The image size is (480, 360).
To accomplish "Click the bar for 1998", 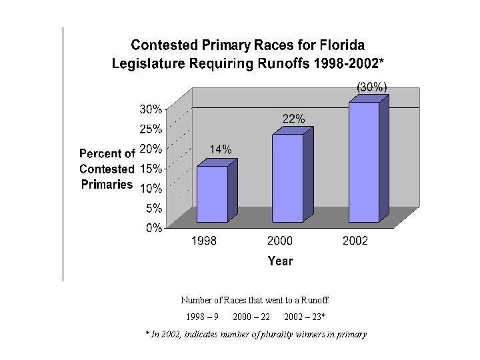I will tap(212, 193).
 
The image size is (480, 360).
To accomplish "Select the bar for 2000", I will tap(287, 178).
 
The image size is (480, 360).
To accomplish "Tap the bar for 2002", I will tap(363, 162).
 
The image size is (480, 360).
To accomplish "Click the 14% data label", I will tap(221, 150).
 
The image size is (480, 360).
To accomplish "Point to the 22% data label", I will tap(293, 119).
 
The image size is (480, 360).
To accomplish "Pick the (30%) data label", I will tap(371, 87).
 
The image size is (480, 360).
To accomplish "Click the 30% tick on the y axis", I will tap(151, 109).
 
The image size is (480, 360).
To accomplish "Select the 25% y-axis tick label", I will tap(151, 129).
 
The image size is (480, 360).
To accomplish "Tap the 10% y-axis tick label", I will tap(151, 188).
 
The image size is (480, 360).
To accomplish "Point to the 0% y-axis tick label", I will tap(153, 228).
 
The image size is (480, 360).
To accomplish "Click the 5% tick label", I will tap(153, 208).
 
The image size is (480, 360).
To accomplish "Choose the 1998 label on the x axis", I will tap(204, 241).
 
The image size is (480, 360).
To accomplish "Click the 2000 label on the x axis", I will tap(280, 241).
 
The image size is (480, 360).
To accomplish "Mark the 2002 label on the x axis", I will tap(355, 241).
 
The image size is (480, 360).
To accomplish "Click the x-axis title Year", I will tap(280, 261).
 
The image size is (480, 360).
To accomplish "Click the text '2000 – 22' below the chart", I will tap(251, 316).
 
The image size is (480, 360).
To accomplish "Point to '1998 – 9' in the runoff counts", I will tap(203, 316).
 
